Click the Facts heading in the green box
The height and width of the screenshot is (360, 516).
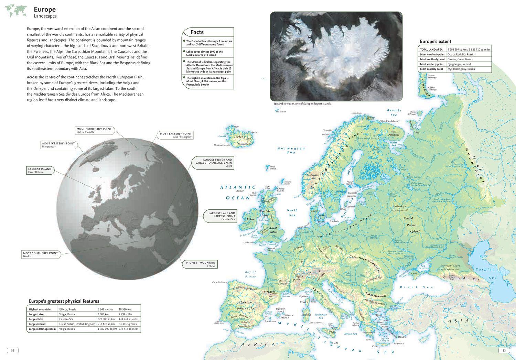point(197,32)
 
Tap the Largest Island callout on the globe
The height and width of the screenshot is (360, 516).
point(40,170)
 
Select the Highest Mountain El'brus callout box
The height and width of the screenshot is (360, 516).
point(201,264)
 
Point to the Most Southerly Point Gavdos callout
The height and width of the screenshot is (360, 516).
point(41,254)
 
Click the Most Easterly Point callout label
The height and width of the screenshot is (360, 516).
point(175,135)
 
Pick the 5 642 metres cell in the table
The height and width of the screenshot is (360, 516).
point(105,309)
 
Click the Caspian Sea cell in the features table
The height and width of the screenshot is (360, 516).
point(66,319)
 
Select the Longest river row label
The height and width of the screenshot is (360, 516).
point(37,314)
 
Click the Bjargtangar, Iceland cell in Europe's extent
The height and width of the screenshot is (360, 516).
point(459,64)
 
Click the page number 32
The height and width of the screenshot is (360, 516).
point(12,350)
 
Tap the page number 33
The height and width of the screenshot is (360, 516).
point(504,350)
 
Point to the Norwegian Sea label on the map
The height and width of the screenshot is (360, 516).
point(291,150)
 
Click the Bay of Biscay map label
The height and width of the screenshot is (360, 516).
point(250,274)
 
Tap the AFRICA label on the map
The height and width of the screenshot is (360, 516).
point(258,344)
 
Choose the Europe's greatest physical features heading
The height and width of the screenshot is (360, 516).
point(64,301)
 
